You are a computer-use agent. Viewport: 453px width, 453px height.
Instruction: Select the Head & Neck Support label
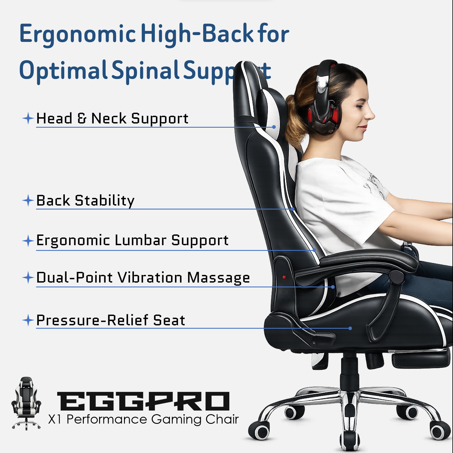click(x=112, y=118)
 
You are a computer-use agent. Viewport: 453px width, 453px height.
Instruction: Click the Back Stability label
click(x=85, y=201)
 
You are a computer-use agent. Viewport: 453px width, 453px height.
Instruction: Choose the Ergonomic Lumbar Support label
click(x=132, y=241)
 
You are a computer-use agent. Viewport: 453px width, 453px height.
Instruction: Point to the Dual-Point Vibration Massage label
click(x=143, y=277)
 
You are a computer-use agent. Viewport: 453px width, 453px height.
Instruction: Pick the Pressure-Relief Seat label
click(x=111, y=320)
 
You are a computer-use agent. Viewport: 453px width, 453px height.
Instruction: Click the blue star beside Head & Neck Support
click(x=28, y=118)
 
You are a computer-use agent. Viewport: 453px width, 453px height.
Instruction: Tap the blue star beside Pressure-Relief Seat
click(x=28, y=320)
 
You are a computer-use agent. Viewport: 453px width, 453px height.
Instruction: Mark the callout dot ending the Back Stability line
click(x=293, y=209)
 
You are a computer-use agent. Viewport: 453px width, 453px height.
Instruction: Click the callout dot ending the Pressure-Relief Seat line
click(x=350, y=328)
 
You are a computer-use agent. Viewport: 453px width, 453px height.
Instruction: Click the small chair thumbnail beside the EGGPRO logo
click(x=26, y=403)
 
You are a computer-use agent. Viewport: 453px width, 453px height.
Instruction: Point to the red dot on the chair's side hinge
click(x=284, y=277)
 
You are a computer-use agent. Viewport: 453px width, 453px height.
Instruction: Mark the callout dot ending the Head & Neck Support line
click(x=274, y=127)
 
